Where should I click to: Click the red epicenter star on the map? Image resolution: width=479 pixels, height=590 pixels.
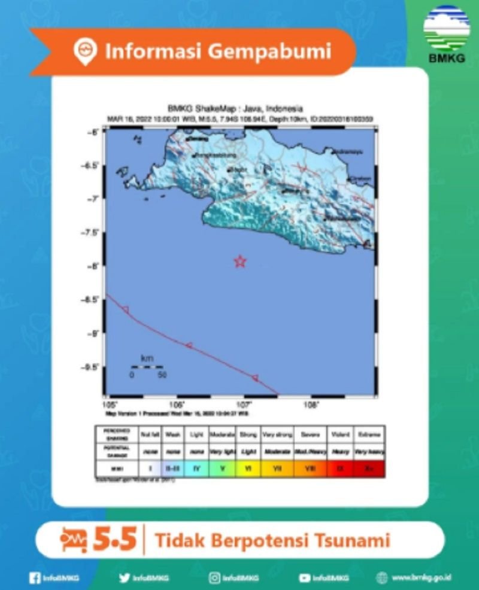[240, 261]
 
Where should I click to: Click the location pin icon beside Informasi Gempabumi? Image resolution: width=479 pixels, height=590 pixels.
[86, 51]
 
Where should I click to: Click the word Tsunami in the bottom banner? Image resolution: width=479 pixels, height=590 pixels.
[357, 540]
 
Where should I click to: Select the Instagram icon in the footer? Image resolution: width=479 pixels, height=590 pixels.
[214, 577]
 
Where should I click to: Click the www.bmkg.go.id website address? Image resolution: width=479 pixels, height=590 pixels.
[422, 577]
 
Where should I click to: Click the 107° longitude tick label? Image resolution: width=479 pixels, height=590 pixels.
[244, 405]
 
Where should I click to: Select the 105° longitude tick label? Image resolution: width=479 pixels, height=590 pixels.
[109, 405]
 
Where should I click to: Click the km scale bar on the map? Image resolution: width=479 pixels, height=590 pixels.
[147, 366]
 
